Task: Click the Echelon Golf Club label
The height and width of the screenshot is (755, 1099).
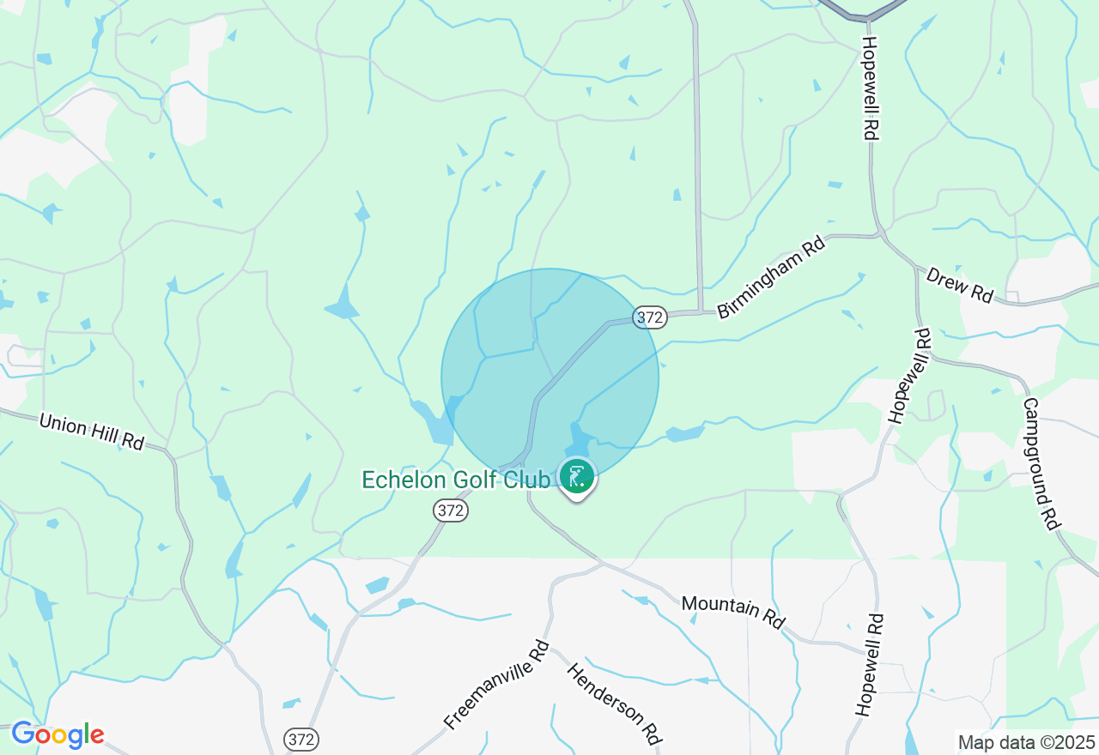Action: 456,480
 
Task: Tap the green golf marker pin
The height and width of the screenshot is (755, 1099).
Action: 578,478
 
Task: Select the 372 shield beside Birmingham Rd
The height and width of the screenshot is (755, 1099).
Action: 650,317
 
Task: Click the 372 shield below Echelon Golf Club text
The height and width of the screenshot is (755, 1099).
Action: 450,511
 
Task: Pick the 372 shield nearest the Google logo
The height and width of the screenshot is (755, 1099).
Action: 302,739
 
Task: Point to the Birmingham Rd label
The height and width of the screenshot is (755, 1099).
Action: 771,279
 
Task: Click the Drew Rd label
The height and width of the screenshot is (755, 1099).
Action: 960,285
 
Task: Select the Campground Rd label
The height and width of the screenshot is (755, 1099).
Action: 1040,463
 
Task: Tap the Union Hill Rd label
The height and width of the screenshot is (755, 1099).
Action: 92,432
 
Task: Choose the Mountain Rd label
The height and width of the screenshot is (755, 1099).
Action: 733,612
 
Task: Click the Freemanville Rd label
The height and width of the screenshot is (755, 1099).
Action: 497,685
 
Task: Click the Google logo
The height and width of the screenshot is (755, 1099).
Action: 58,735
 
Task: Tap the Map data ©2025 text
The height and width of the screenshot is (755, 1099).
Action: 1027,742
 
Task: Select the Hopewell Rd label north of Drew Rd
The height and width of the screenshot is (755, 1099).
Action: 871,88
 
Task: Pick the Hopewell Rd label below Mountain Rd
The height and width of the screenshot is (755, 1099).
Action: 868,665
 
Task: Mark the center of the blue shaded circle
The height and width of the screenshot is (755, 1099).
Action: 550,377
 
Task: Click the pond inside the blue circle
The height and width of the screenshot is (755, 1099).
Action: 580,438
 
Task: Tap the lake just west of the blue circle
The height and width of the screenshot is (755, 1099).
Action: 432,420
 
